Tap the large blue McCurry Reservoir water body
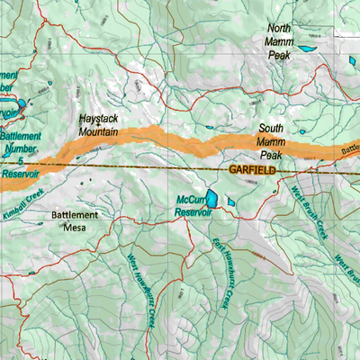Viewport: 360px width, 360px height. click(211, 199)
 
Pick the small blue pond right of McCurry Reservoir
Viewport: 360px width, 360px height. click(230, 202)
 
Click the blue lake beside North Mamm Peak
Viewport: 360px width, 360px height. click(307, 47)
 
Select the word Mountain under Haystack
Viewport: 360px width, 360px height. click(99, 131)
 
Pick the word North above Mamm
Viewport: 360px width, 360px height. click(278, 28)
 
